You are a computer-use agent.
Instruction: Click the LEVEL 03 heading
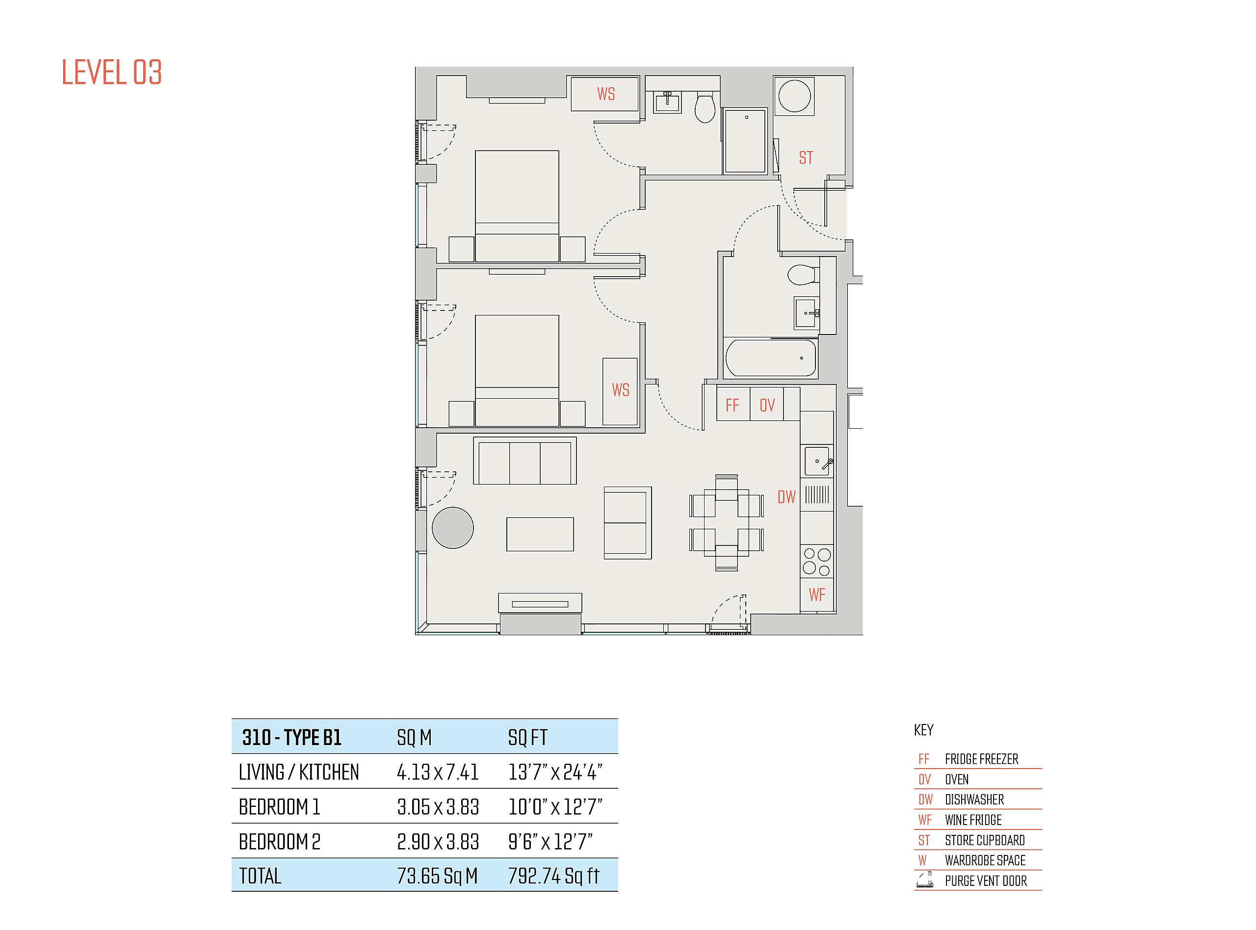(111, 72)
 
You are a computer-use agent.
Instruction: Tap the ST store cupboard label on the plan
(806, 157)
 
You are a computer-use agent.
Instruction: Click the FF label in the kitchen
(732, 405)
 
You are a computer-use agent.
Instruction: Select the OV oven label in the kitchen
(767, 405)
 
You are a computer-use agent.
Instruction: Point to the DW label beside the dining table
(786, 497)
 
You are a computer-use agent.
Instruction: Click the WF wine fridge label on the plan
(817, 594)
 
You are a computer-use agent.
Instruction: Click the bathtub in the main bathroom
(771, 358)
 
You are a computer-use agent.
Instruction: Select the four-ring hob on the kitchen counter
(817, 561)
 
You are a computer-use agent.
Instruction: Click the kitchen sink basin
(816, 461)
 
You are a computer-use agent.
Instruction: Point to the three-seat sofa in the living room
(524, 461)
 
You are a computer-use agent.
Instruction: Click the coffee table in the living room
(540, 534)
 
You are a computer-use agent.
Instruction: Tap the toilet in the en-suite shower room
(705, 107)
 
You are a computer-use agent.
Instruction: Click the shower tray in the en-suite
(745, 141)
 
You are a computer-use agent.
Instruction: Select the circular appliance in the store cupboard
(794, 96)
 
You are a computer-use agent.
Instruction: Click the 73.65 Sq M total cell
(438, 876)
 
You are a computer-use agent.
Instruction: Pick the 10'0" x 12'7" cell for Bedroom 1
(555, 807)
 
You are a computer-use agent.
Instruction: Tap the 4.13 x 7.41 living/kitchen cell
(438, 772)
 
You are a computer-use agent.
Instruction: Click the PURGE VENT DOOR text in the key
(986, 881)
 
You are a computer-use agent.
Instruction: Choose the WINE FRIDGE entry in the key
(973, 820)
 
